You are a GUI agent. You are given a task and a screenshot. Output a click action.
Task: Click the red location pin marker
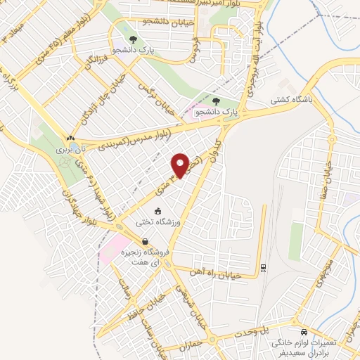coord(181,165)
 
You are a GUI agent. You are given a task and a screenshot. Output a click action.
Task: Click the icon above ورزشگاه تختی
coord(157,210)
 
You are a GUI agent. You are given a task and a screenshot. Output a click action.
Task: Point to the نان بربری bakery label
coord(70,149)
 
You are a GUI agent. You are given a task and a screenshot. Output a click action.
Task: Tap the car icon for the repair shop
coord(303,331)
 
